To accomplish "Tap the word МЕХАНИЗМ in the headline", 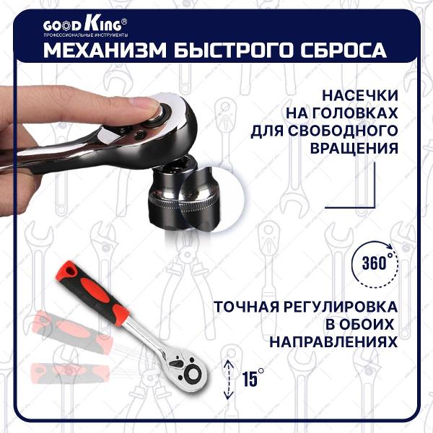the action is click(x=105, y=50).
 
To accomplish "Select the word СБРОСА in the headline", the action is click(x=344, y=50).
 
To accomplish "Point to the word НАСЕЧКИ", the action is click(x=360, y=95).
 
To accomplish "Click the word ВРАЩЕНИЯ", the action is click(x=354, y=148).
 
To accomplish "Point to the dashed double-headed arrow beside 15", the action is click(x=228, y=379).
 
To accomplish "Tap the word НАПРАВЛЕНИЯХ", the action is click(x=333, y=342).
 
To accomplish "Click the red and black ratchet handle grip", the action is click(x=92, y=293).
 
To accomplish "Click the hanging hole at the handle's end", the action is click(x=69, y=271).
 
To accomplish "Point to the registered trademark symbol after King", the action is click(x=125, y=21).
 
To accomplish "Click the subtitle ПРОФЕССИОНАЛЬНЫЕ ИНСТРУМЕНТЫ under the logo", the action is click(x=86, y=35).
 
